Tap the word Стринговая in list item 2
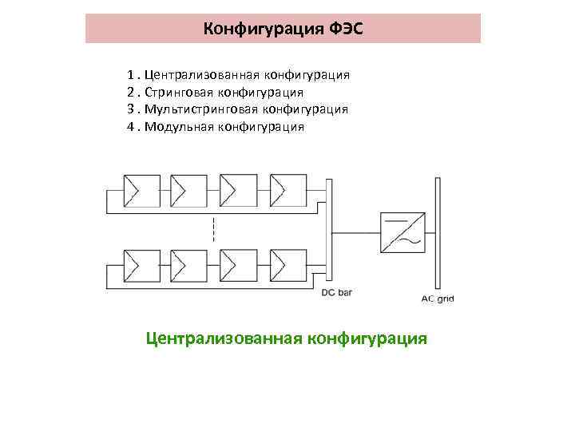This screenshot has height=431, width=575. coord(180,93)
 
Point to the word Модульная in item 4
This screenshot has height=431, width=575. coord(177,127)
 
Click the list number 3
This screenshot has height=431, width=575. coord(129,109)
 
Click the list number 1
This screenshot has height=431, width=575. coord(129,75)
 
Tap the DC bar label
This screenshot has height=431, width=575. coord(337,293)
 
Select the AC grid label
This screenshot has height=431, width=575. coord(437,299)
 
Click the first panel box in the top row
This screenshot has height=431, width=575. coord(139,189)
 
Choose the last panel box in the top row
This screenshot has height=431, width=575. coord(287,189)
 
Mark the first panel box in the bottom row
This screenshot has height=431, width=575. coord(139,264)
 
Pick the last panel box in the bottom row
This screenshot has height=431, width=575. coord(287,264)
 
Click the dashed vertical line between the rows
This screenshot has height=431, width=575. coord(213,227)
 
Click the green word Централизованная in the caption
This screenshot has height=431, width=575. coord(222,338)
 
